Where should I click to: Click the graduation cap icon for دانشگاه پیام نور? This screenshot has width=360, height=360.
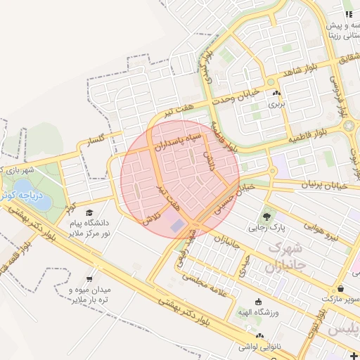point(89,213)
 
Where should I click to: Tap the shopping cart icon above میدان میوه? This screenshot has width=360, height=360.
point(89,278)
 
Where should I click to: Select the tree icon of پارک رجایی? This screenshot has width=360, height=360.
point(267,216)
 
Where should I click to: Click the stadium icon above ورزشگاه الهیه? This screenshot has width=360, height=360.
point(258,302)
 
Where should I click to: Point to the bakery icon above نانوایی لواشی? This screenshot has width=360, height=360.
point(261,336)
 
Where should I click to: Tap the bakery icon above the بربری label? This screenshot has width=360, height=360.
point(276,93)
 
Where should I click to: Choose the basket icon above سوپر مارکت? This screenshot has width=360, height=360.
point(340,288)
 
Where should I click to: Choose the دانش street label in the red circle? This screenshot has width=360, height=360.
point(208,158)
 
